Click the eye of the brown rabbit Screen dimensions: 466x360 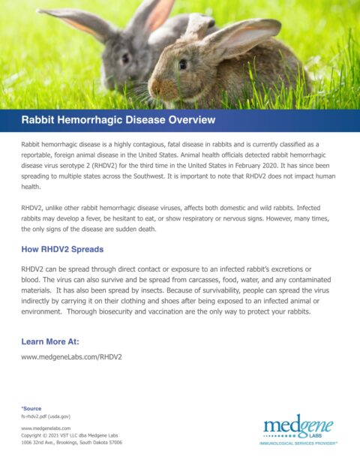coord(182,65)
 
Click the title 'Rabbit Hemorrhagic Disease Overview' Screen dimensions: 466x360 coord(118,120)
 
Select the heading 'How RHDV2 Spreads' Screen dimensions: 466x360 coord(62,248)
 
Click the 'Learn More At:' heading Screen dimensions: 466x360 coord(50,341)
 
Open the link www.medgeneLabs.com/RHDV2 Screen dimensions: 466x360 coord(71,357)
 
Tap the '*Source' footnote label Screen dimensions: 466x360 coord(31,408)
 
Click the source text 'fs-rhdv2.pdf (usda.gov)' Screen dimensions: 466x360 coord(46,416)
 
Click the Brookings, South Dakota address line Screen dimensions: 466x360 coord(71,443)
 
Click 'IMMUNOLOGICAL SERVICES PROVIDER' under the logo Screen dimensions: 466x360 coord(298,443)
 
